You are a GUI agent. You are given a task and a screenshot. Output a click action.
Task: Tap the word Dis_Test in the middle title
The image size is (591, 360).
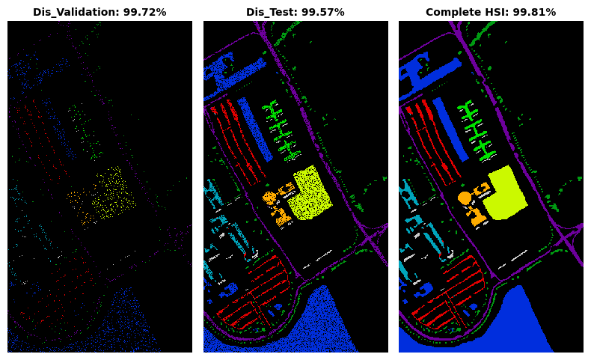click(x=269, y=13)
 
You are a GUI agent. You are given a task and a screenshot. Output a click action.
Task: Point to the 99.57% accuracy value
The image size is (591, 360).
click(x=320, y=12)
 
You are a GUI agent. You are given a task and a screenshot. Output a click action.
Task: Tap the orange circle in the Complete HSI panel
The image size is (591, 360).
click(x=465, y=198)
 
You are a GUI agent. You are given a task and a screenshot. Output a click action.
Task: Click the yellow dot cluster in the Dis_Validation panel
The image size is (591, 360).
click(x=113, y=193)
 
